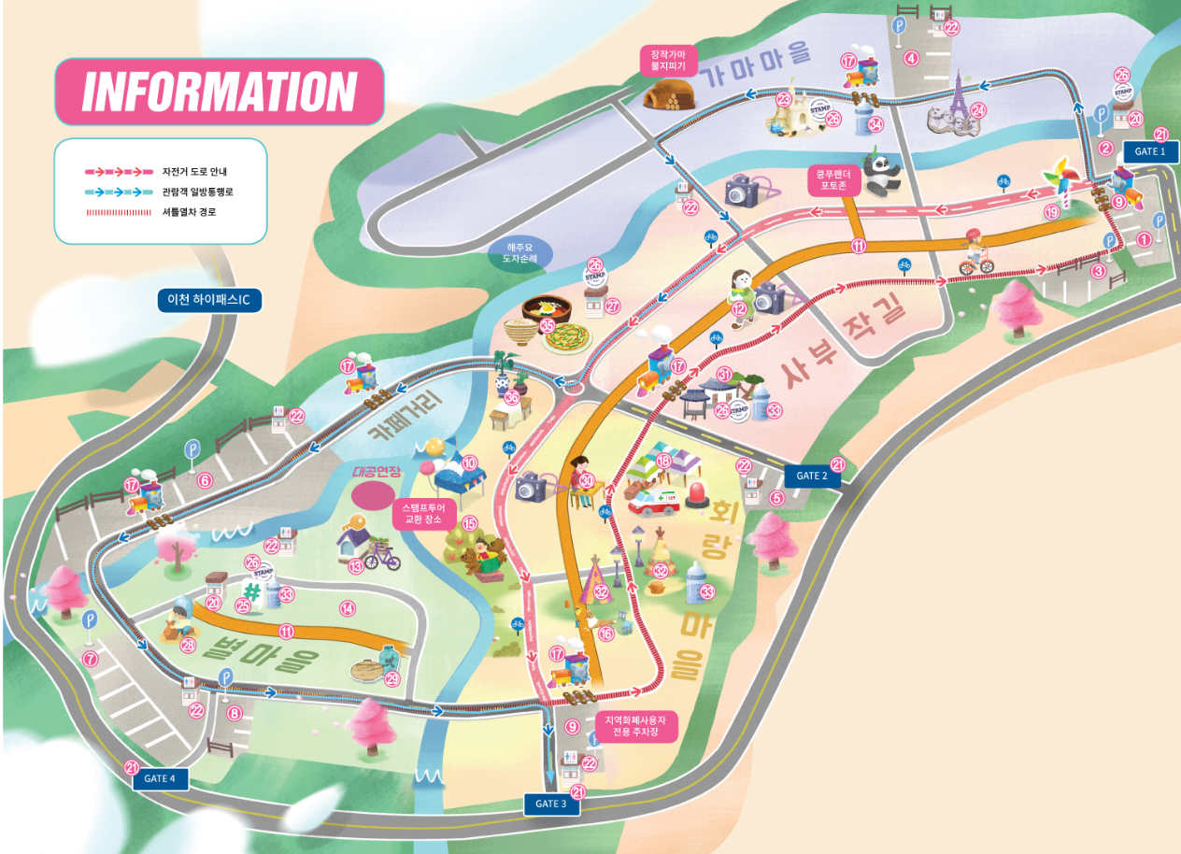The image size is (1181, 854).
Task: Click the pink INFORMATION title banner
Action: [220, 92]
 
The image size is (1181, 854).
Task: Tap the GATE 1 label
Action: [1149, 151]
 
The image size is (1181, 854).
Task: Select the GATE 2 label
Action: [812, 476]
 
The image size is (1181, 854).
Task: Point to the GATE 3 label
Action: [550, 804]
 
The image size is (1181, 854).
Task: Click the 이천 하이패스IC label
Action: [209, 300]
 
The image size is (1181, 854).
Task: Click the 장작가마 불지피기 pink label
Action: [668, 60]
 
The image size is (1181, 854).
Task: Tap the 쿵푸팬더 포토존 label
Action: [833, 179]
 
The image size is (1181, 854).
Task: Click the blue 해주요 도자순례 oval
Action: [520, 252]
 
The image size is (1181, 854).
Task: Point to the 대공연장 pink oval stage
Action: [371, 495]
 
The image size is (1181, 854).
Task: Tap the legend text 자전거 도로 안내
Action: [194, 172]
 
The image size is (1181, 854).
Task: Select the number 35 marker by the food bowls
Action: [548, 325]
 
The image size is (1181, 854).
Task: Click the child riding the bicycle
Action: [975, 251]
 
